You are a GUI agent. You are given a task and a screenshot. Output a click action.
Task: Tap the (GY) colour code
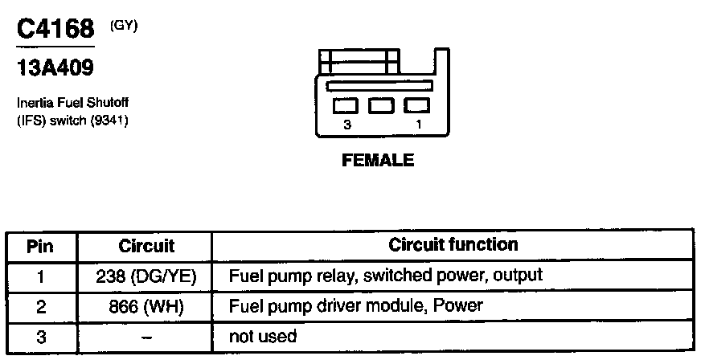[x=125, y=26]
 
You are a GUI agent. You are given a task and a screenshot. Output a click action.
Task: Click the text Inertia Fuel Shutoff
[x=72, y=104]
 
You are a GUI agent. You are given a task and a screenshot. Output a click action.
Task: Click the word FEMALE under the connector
[x=378, y=160]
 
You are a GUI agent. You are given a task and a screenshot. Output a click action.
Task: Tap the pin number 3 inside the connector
[x=347, y=125]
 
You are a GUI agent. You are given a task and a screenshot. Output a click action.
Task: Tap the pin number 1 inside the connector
[x=419, y=125]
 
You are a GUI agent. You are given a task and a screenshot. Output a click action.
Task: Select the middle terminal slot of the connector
[x=381, y=105]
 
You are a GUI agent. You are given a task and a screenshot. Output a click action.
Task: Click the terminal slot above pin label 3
[x=346, y=105]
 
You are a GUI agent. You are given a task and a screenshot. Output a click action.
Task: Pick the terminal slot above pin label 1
[x=416, y=105]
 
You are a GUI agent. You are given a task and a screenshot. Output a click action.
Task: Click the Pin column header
[x=40, y=245]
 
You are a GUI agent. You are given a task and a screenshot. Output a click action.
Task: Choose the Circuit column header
[x=146, y=245]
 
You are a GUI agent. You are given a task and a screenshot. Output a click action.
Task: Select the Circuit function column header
[x=453, y=243]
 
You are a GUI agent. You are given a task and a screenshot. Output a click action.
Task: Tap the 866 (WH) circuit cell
[x=146, y=306]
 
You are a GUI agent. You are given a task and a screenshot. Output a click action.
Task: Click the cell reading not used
[x=263, y=336]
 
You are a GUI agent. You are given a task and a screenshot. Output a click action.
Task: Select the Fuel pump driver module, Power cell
[x=355, y=306]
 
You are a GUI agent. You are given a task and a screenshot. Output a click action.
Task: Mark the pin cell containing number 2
[x=41, y=306]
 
